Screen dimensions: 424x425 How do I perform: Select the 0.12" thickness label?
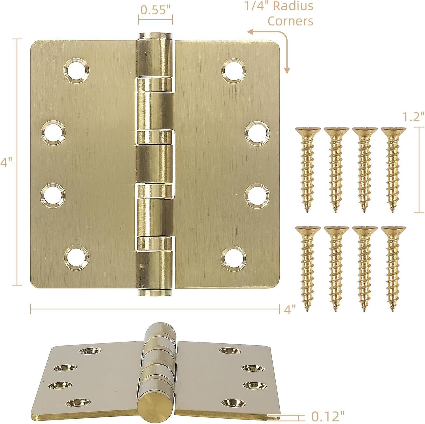[x=328, y=416]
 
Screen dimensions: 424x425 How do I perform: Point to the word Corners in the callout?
[x=290, y=21]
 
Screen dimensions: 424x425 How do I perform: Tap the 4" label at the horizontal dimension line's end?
[x=290, y=309]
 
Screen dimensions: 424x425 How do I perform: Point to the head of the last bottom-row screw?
[x=393, y=229]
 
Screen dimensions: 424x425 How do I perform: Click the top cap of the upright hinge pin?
[x=155, y=36]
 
